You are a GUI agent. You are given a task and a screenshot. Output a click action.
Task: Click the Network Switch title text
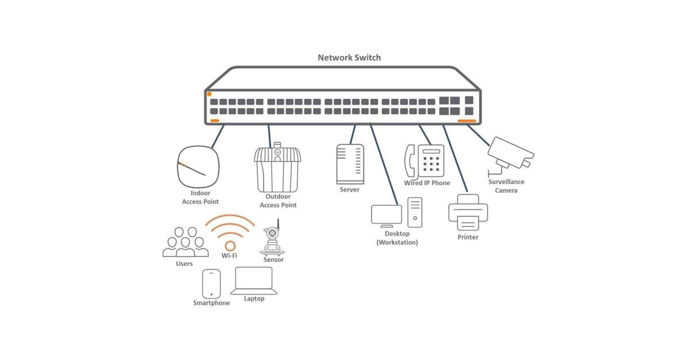tap(349, 58)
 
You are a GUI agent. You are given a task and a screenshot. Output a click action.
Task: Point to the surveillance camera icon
tap(509, 153)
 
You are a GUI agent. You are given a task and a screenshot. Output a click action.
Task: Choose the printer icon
tap(468, 212)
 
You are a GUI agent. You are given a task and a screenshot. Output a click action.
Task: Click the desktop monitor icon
tap(386, 216)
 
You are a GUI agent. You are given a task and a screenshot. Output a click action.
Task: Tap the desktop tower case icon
tap(415, 212)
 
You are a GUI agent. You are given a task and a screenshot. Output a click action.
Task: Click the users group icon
tap(185, 243)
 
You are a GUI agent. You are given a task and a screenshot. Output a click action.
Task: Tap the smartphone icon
tap(211, 284)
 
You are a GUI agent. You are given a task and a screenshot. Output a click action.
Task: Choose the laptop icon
tap(254, 281)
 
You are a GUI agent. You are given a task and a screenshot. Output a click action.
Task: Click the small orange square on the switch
tap(209, 94)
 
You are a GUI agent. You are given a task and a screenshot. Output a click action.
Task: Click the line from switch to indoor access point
tap(217, 136)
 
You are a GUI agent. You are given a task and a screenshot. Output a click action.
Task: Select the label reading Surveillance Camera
tap(506, 186)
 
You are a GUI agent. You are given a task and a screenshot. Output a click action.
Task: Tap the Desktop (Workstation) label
tap(397, 238)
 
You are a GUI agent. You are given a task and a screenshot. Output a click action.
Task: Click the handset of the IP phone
tap(410, 160)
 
